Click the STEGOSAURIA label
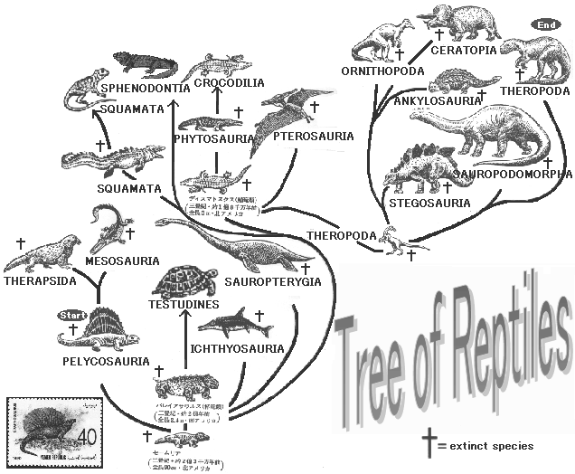pyautogui.click(x=429, y=204)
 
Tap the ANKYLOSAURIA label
pyautogui.click(x=431, y=101)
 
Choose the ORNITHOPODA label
pyautogui.click(x=380, y=71)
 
